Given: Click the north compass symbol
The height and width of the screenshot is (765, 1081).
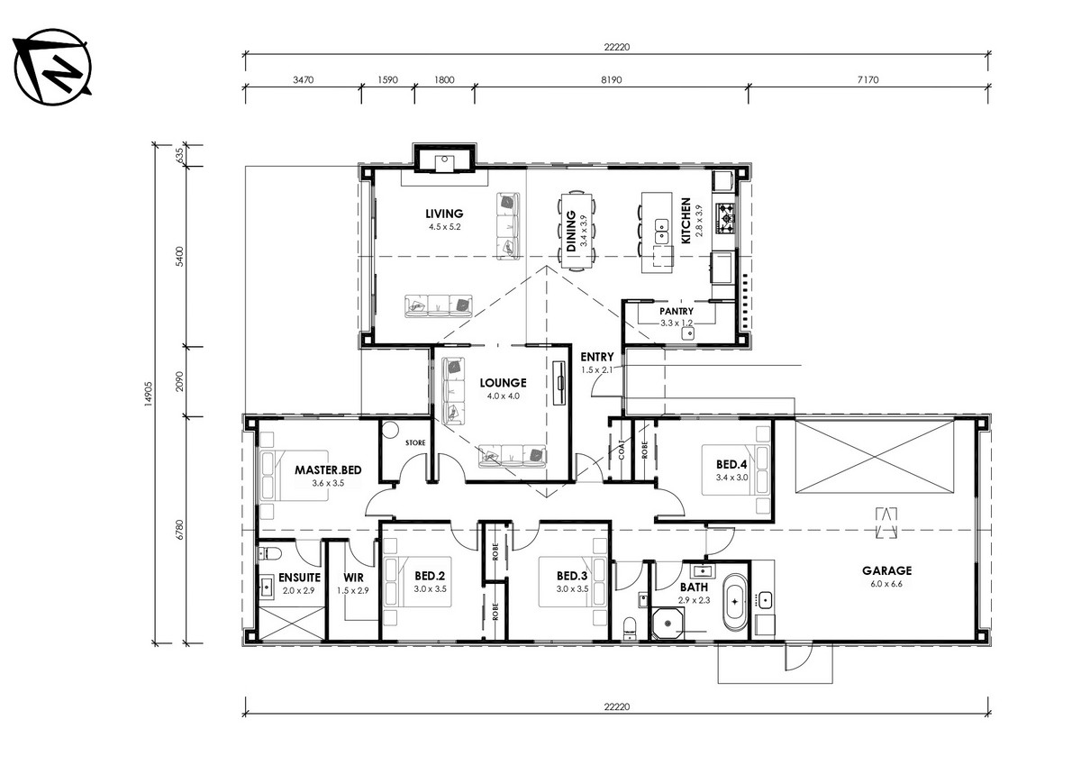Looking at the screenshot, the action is (x=52, y=67).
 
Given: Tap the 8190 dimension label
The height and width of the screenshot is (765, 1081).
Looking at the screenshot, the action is (x=611, y=79).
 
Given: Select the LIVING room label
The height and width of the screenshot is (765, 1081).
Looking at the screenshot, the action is (x=444, y=214).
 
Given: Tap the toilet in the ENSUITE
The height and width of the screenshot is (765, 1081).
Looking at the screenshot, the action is (x=269, y=553).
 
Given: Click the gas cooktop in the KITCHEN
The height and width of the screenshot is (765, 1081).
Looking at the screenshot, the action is (x=725, y=219).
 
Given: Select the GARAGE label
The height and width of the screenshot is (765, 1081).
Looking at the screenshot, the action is (x=886, y=570).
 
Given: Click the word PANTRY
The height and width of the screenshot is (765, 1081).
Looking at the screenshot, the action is (x=677, y=311).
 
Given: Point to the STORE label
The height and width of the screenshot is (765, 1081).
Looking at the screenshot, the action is (x=415, y=442).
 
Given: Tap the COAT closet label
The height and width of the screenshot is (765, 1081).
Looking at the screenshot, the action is (x=621, y=450).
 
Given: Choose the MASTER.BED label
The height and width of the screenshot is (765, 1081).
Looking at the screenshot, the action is (x=328, y=470).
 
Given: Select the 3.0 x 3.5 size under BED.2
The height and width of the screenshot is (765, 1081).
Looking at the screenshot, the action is (x=430, y=588).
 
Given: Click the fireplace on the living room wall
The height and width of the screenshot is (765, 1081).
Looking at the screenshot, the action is (x=444, y=158).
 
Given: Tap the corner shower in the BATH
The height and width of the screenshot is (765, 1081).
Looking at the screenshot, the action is (x=668, y=624).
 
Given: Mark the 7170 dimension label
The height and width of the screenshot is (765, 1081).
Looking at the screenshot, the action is (x=868, y=79).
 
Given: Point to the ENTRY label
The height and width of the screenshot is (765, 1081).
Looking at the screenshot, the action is (x=597, y=357).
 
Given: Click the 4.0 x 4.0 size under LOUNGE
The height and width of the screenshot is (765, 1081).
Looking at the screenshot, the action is (x=503, y=396).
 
